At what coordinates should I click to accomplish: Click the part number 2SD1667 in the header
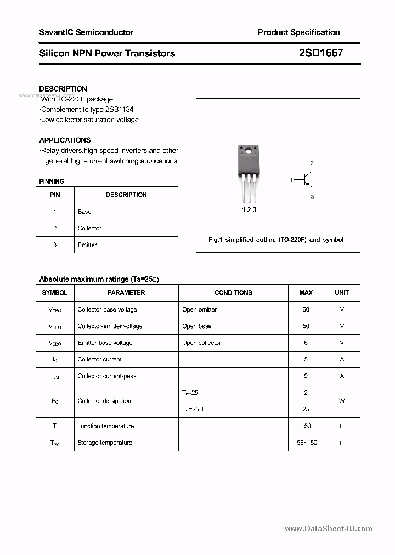321,53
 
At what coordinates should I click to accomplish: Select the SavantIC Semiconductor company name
86,32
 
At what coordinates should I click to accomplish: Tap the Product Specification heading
298,32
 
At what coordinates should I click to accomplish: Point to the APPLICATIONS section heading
65,140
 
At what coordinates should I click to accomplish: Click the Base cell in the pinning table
84,212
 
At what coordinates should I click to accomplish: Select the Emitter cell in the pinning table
87,245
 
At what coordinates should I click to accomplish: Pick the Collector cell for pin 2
89,228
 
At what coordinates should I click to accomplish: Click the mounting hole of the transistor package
248,150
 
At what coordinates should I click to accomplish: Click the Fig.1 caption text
276,240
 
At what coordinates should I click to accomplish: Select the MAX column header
306,292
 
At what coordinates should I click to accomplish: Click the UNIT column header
342,292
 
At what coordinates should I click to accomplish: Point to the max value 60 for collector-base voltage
306,309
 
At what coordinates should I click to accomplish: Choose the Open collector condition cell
201,343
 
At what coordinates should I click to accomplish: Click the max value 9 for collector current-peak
306,376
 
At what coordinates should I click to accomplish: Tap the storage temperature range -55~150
306,443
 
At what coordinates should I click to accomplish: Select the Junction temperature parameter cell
105,426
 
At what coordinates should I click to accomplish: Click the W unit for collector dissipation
342,401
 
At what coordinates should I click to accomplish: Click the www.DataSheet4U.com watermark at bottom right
329,529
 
